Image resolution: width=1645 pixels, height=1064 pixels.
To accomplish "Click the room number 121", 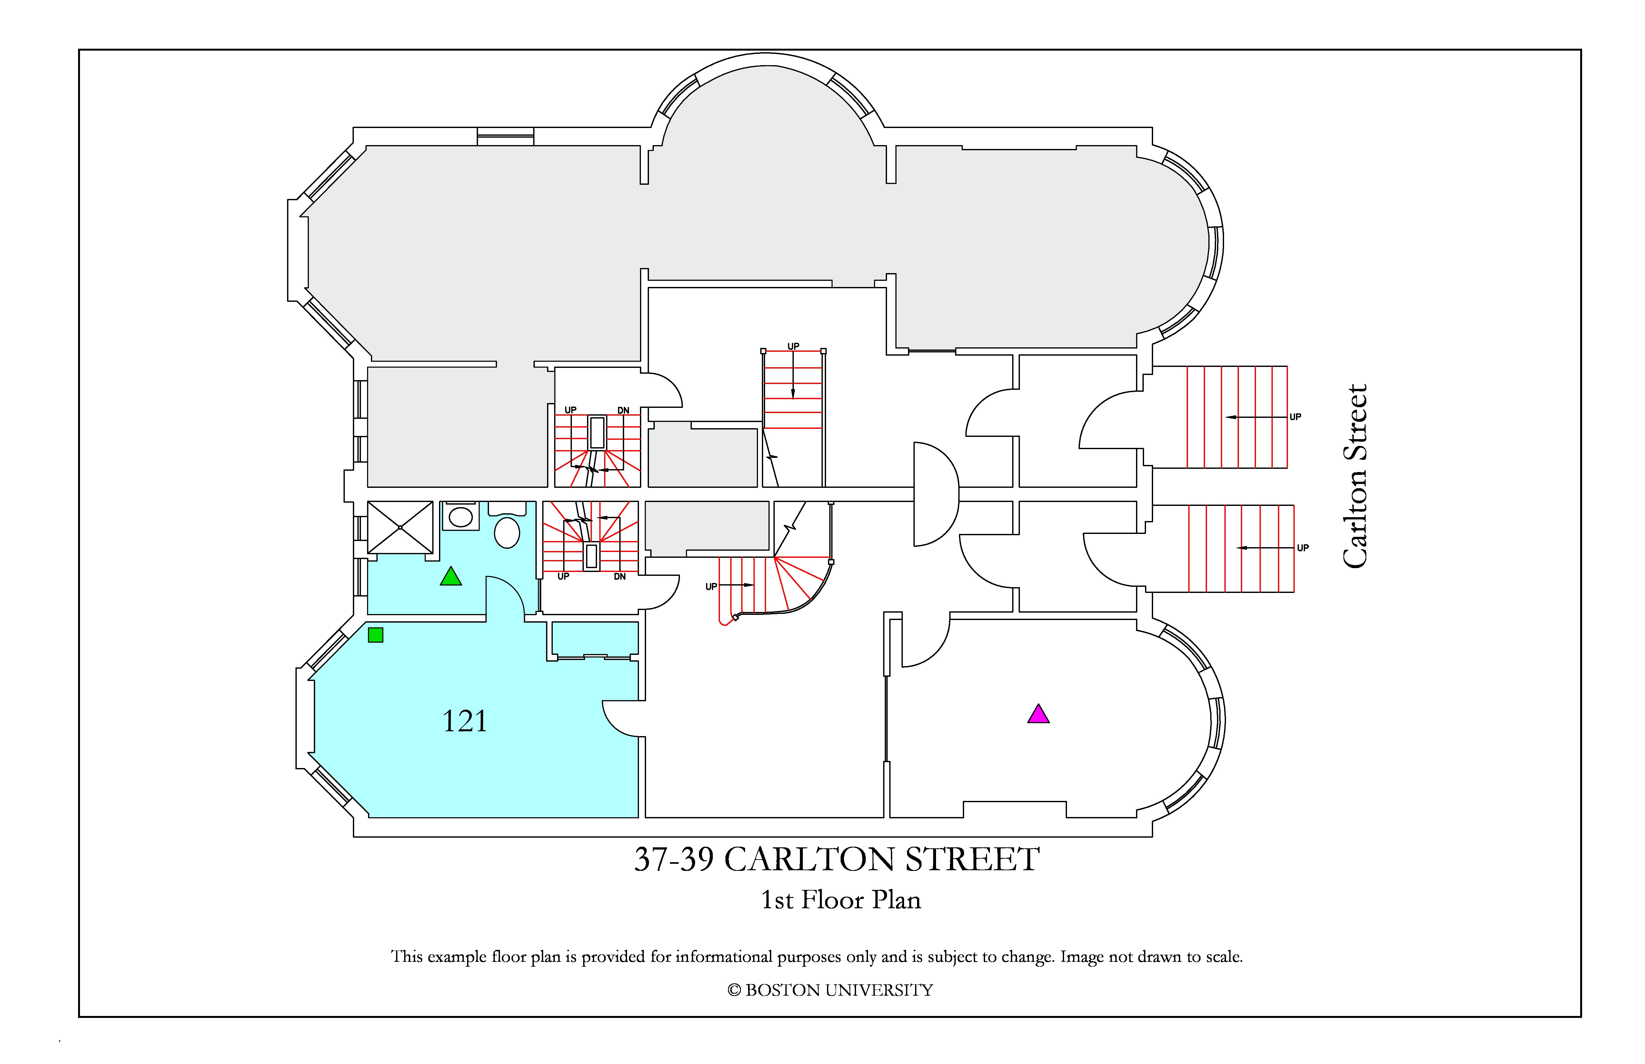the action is [x=464, y=721].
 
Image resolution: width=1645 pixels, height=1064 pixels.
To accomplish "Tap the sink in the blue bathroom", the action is [x=460, y=516].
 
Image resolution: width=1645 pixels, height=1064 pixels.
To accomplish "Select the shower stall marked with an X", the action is [x=400, y=527].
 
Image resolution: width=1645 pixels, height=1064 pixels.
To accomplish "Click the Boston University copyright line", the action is [x=830, y=990].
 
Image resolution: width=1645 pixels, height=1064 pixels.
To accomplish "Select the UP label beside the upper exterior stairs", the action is [x=1295, y=417].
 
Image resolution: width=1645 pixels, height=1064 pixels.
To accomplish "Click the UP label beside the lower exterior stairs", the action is [x=1303, y=548].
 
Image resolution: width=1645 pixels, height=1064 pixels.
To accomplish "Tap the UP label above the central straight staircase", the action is [x=793, y=346].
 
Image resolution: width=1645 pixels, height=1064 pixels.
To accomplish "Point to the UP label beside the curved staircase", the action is [x=711, y=586].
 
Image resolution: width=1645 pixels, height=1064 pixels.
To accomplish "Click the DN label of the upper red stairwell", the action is [x=623, y=410].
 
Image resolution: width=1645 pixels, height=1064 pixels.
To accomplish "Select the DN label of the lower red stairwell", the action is [x=620, y=576].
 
